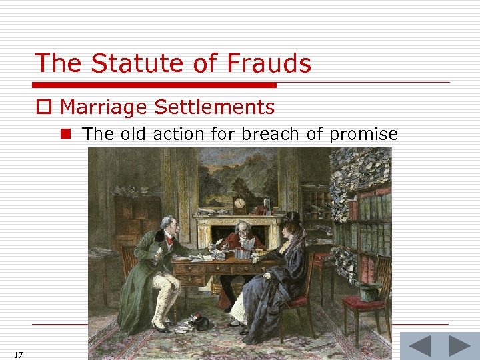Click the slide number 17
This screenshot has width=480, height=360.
[x=18, y=355]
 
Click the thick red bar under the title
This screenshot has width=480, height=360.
[x=154, y=85]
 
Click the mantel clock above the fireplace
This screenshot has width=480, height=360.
[x=240, y=203]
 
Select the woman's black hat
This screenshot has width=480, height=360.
[x=291, y=219]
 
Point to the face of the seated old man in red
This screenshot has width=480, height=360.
[x=243, y=229]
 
